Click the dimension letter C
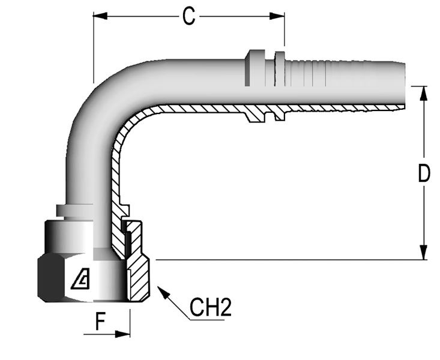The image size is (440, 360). click(188, 16)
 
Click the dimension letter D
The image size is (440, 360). click(424, 174)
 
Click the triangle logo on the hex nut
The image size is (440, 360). click(80, 279)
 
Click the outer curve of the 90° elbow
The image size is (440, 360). click(90, 102)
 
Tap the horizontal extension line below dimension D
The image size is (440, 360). click(288, 260)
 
